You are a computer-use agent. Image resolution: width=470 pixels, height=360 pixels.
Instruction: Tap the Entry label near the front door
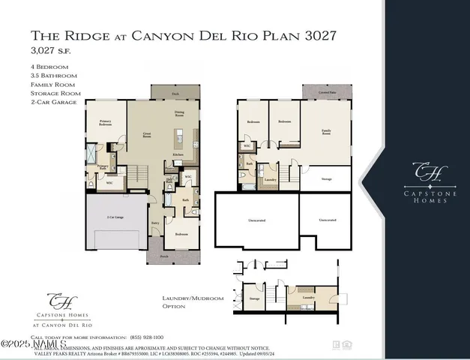tap(156, 223)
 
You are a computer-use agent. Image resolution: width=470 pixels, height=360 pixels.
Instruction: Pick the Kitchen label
tap(179, 154)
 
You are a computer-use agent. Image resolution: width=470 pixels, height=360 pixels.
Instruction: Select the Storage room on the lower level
tap(327, 179)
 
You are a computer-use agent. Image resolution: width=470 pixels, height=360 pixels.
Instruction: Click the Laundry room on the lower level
tap(269, 179)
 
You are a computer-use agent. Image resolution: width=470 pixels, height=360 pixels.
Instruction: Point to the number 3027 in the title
tap(314, 35)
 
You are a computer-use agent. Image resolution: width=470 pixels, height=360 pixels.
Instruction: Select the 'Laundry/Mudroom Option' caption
tap(193, 302)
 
